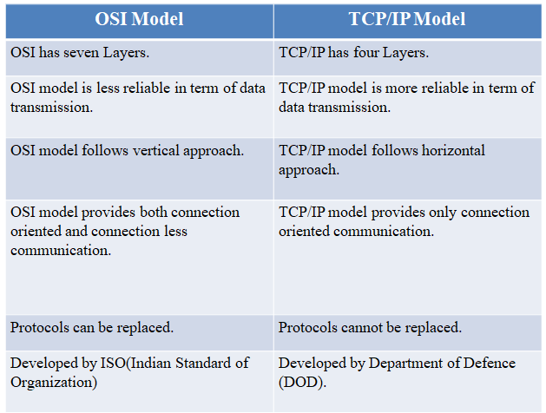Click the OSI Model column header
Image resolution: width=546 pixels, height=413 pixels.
coord(139,19)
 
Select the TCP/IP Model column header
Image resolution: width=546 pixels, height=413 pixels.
coord(407,19)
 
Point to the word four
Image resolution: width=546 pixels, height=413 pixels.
coord(366,53)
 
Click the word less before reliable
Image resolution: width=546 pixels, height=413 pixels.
coord(108,88)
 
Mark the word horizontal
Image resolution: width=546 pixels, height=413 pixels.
coord(453,151)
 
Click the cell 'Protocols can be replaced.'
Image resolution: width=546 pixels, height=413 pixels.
coord(140,333)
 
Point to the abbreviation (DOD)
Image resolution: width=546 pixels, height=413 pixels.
coord(302,383)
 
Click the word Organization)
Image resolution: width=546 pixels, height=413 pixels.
coord(54,383)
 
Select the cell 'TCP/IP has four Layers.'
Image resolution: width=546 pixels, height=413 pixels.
coord(408,58)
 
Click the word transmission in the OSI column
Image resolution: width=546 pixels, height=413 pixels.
coord(51,108)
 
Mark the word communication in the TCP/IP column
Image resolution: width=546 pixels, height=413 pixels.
coord(384,232)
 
